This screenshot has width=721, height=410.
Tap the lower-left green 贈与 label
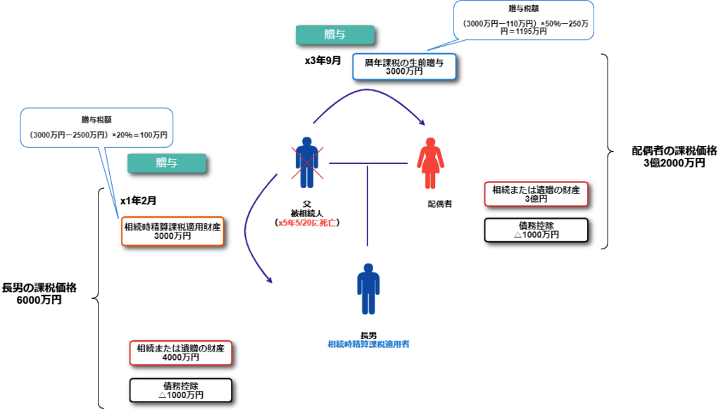[166, 163]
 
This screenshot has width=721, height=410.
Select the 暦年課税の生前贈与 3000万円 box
[404, 67]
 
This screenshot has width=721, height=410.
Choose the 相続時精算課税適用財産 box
[173, 231]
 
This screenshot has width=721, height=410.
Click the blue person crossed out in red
[306, 162]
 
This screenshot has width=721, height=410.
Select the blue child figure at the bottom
[368, 288]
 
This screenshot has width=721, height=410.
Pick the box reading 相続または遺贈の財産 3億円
[536, 194]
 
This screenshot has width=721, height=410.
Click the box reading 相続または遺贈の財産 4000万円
[180, 352]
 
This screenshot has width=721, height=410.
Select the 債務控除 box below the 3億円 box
[536, 230]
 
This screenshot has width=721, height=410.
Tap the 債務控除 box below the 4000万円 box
[180, 390]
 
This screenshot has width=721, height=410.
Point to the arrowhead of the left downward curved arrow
[270, 281]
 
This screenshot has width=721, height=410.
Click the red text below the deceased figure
[308, 223]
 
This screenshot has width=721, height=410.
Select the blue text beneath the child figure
[368, 344]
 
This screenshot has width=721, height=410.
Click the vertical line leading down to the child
[367, 204]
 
